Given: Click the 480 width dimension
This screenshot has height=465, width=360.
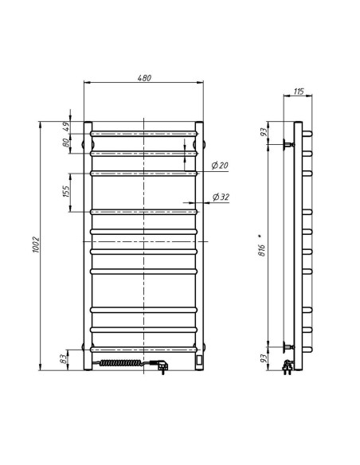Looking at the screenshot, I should pyautogui.click(x=143, y=77).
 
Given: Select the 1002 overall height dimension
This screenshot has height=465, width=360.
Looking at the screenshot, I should pyautogui.click(x=37, y=247).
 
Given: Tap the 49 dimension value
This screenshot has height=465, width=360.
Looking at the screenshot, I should pyautogui.click(x=68, y=125).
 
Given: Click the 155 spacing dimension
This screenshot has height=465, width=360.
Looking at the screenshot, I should pyautogui.click(x=68, y=191).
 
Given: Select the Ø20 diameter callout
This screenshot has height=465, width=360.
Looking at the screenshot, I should pyautogui.click(x=220, y=165).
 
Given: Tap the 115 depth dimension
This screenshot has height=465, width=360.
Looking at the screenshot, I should pyautogui.click(x=298, y=92).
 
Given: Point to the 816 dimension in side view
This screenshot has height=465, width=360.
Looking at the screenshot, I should pyautogui.click(x=262, y=247).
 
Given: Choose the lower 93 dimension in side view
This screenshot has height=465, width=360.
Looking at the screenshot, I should pyautogui.click(x=262, y=360).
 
